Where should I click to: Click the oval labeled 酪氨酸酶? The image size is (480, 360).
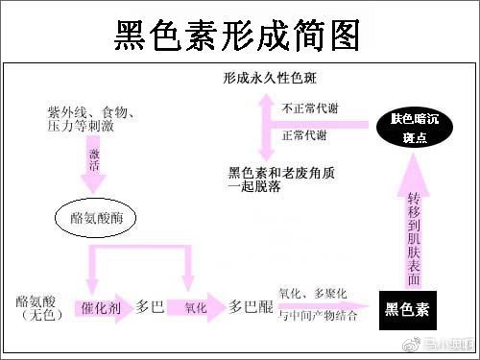(x=97, y=218)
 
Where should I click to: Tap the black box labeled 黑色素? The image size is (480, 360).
(x=407, y=308)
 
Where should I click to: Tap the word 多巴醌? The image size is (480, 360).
(x=252, y=308)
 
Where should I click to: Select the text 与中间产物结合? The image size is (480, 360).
(x=320, y=315)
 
